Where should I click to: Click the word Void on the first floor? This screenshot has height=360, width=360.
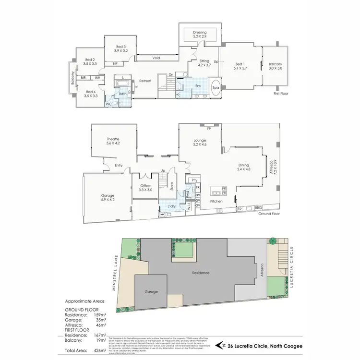click(156, 58)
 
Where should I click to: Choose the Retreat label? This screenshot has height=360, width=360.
click(145, 81)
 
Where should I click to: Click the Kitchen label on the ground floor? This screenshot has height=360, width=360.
click(217, 202)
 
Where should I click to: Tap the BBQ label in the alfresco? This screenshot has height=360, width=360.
click(258, 208)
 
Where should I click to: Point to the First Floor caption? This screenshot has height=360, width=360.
click(280, 94)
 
